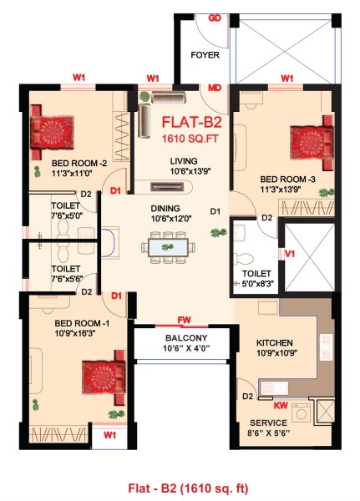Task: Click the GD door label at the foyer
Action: (x=215, y=18)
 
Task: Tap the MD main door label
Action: (x=215, y=86)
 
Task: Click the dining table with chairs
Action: (x=169, y=247)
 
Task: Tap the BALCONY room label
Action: (x=180, y=338)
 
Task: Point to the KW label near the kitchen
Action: (x=281, y=405)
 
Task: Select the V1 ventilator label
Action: (x=290, y=253)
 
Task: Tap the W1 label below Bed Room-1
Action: (x=109, y=436)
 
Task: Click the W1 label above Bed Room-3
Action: (x=286, y=78)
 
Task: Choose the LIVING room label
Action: (x=182, y=161)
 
